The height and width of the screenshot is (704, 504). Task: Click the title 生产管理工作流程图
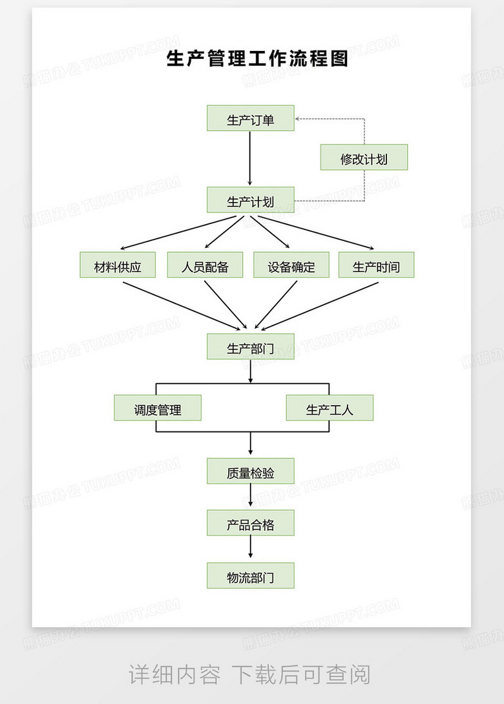257,59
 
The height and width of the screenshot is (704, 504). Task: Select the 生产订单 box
251,118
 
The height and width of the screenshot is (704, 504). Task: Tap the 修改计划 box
364,158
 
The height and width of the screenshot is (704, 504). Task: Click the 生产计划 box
251,200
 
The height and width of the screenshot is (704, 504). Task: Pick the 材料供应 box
118,265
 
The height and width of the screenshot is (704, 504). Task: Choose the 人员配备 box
205,265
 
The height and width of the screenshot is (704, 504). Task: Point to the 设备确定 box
291,265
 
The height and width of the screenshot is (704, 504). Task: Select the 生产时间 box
376,265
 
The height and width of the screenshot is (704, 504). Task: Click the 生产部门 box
251,347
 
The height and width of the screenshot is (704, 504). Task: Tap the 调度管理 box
158,408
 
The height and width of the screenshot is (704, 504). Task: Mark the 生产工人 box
330,408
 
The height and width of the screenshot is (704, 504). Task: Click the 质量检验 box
251,471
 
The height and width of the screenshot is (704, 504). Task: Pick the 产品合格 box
251,523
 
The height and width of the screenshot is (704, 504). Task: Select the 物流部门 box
251,576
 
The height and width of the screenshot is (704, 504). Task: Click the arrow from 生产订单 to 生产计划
251,159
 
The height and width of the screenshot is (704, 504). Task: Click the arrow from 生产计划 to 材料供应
181,232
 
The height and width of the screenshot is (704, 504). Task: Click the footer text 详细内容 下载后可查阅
251,674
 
